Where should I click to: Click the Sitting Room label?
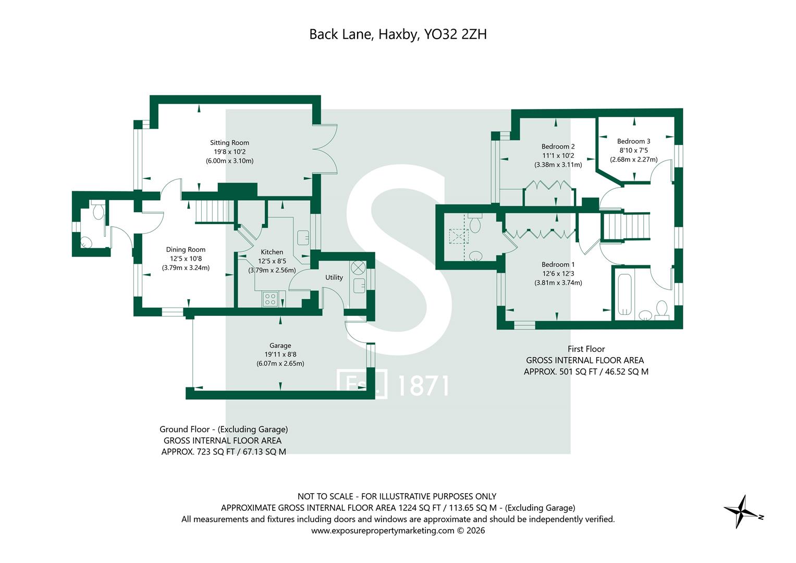(x=229, y=142)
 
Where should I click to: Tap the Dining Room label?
(x=186, y=250)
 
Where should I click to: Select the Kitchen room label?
(x=272, y=252)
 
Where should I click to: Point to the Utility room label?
(x=334, y=277)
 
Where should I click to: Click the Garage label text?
(x=280, y=346)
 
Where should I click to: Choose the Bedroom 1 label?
(x=558, y=264)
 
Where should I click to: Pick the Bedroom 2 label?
(x=558, y=146)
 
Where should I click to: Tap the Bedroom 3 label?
(x=633, y=141)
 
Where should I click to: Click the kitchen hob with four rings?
(x=270, y=299)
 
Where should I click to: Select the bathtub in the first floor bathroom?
(x=625, y=295)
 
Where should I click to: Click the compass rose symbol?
(x=743, y=512)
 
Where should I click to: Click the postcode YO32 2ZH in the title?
(x=456, y=34)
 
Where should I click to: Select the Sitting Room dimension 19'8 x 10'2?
(x=229, y=152)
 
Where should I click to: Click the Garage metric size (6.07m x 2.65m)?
(x=280, y=364)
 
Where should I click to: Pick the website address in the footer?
(x=383, y=531)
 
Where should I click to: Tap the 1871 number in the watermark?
(x=423, y=386)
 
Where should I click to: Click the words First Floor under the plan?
(x=586, y=349)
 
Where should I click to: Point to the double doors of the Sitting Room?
(x=325, y=149)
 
